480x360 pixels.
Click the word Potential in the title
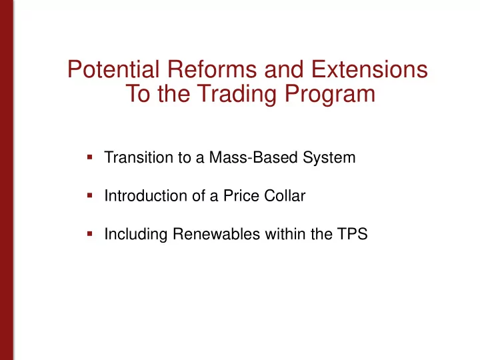tap(113, 69)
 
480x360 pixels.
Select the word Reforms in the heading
tap(212, 69)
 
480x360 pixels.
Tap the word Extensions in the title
tap(369, 69)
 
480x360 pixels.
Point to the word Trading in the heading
tap(237, 95)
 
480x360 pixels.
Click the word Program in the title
tap(330, 95)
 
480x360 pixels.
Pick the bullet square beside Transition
tap(90, 157)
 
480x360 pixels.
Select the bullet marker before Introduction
tap(90, 195)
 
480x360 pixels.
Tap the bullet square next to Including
tap(90, 234)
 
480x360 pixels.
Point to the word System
tap(329, 158)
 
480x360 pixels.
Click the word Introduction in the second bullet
tap(146, 195)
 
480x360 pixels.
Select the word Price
tap(241, 195)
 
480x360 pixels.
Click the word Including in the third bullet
tap(136, 235)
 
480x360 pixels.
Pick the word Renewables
tap(217, 234)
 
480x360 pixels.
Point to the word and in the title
tap(284, 69)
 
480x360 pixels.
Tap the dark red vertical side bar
tap(7, 180)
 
